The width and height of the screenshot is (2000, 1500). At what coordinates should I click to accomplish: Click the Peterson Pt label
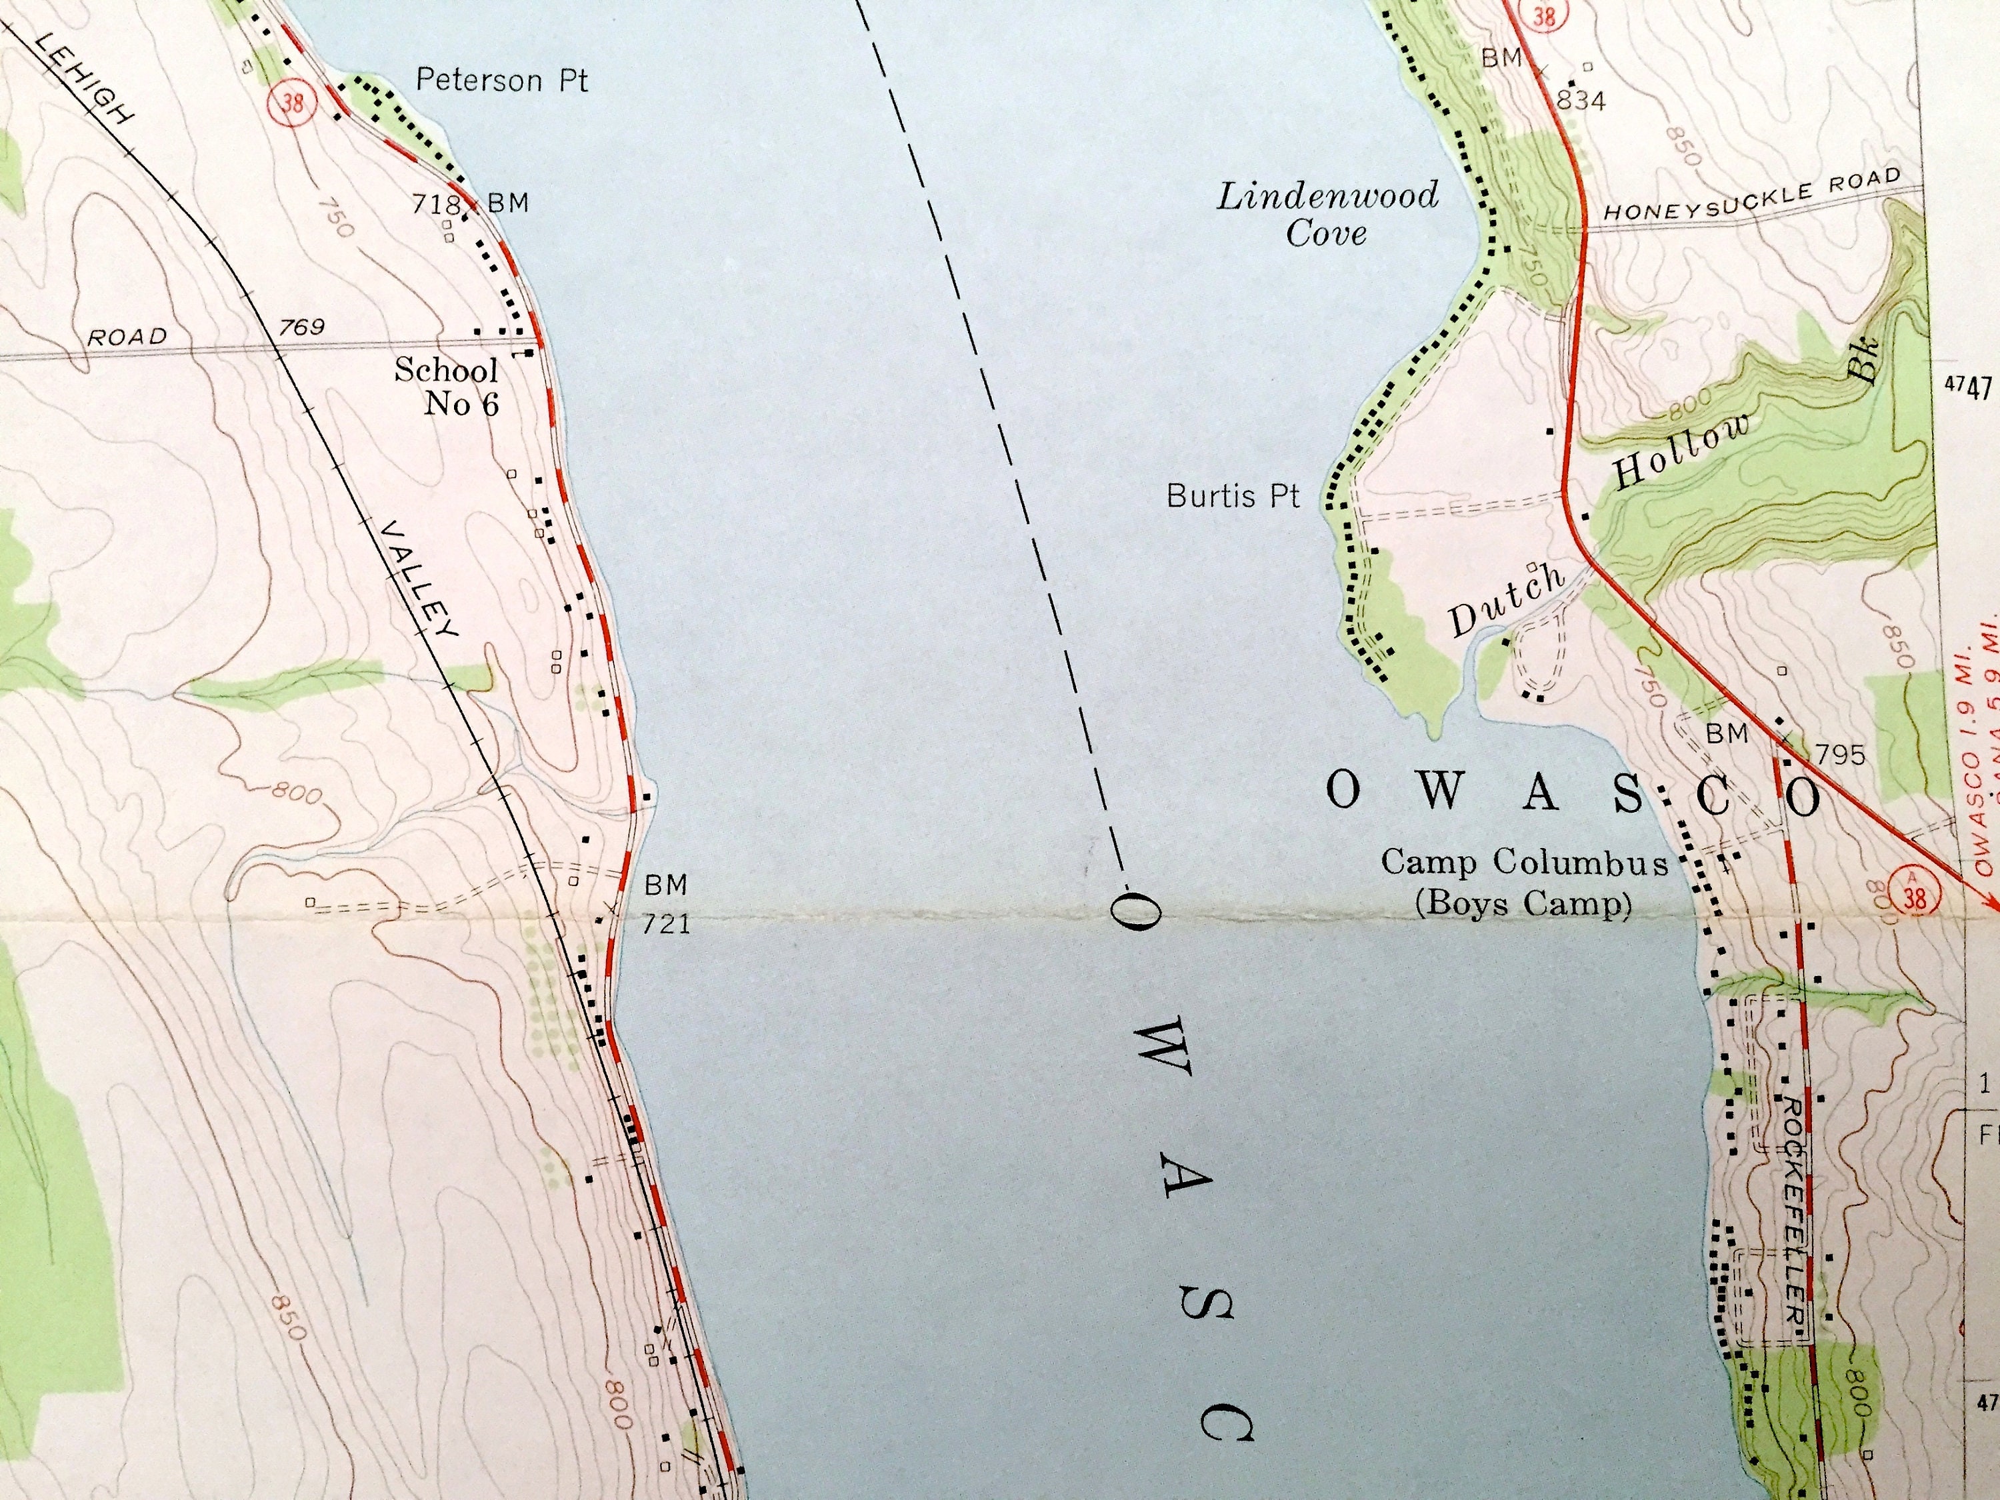[x=502, y=81]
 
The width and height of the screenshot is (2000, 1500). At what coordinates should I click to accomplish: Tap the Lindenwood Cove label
[x=1327, y=214]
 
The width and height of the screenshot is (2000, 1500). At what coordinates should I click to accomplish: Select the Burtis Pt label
[x=1233, y=495]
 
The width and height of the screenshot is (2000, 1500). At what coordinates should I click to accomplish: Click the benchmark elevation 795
[x=1840, y=754]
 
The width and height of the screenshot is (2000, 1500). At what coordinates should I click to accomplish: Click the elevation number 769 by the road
[x=301, y=327]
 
